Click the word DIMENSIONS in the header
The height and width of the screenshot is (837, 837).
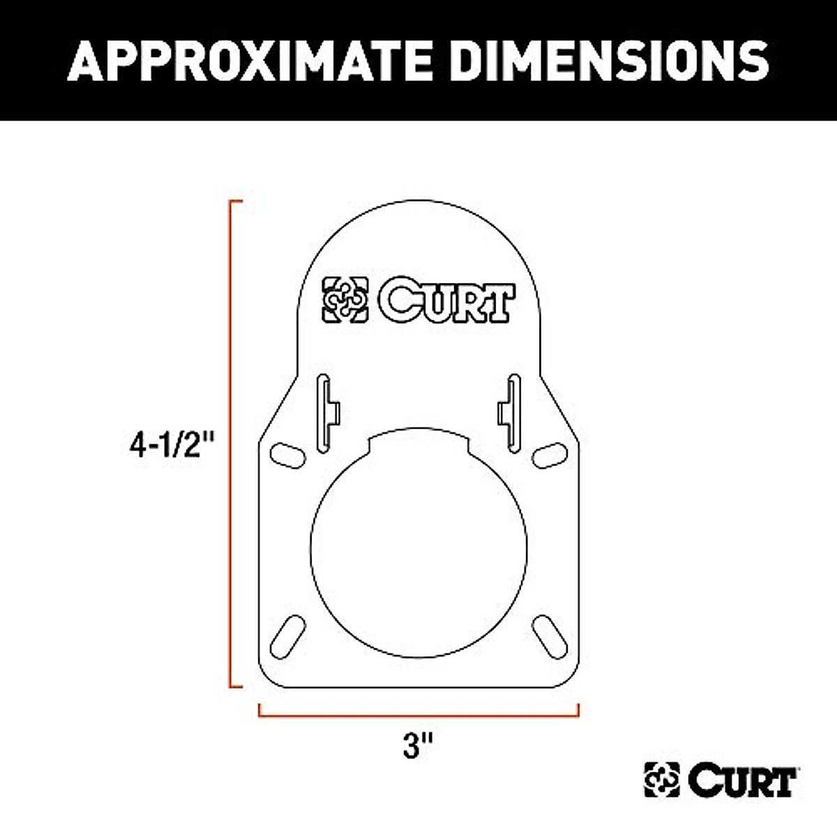point(611,60)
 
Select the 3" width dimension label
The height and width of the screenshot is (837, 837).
point(418,747)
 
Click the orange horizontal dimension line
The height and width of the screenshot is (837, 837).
point(418,716)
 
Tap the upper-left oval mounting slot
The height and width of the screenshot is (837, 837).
point(287,454)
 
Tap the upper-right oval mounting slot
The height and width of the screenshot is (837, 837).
point(549,454)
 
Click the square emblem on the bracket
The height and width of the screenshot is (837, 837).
point(345,300)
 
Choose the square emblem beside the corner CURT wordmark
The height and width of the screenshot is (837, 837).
point(662,780)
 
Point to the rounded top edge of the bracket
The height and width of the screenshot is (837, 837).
point(418,202)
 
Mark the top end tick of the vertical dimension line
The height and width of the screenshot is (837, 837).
point(237,202)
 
